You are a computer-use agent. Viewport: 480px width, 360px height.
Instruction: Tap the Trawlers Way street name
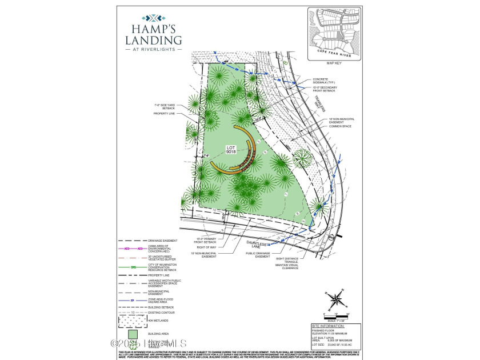321,103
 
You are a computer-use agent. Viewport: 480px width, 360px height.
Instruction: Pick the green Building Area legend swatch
132,333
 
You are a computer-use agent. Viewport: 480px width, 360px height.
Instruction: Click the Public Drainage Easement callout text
262,257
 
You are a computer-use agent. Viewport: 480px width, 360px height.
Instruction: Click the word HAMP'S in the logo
154,28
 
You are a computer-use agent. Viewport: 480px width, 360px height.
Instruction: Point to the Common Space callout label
339,126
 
